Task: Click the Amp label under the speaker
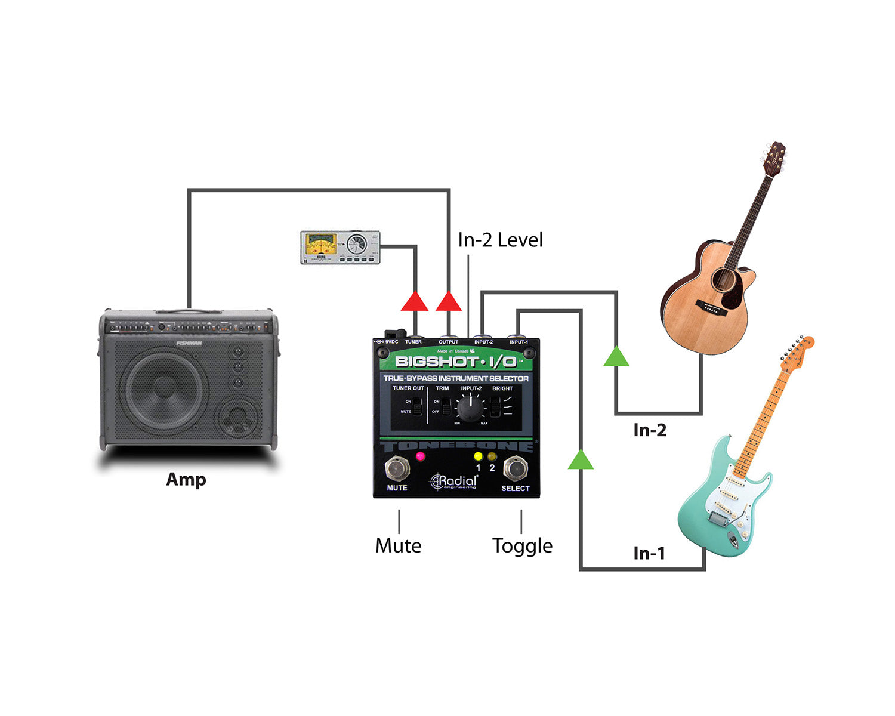point(186,480)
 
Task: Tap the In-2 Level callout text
point(500,240)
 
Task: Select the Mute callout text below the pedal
point(398,545)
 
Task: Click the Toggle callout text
point(522,545)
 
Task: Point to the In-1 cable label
point(649,553)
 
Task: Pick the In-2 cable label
point(650,430)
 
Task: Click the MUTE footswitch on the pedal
point(397,468)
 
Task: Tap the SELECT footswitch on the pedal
point(515,468)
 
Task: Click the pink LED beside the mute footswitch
point(420,456)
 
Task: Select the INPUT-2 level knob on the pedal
point(471,409)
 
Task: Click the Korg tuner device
point(340,247)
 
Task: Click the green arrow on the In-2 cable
point(616,357)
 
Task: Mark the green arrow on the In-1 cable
point(581,460)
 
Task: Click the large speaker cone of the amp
point(163,391)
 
